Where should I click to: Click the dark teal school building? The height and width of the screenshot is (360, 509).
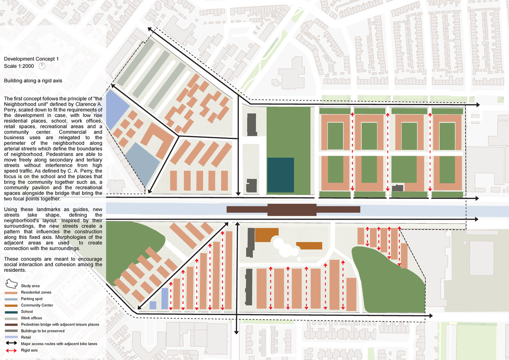(x=280, y=175)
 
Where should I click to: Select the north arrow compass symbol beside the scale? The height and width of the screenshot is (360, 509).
(x=42, y=66)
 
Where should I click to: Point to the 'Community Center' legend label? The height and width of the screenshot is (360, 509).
(x=37, y=305)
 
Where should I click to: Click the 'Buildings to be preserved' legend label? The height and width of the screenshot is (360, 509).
(x=42, y=331)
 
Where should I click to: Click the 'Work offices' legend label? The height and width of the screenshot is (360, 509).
(x=32, y=318)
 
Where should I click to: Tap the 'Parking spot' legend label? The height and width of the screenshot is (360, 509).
(x=32, y=299)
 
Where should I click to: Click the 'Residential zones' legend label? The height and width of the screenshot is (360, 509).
(x=36, y=293)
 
